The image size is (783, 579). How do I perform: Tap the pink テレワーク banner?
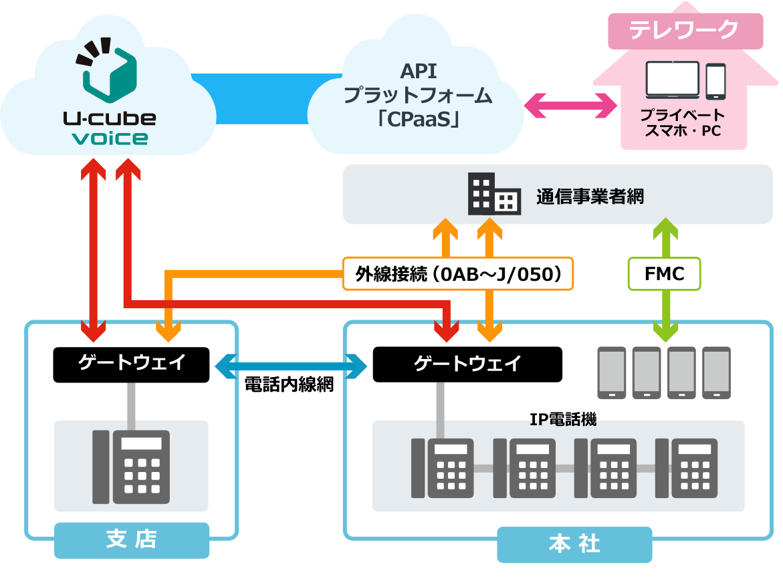tap(685, 31)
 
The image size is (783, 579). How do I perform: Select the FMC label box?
tap(664, 273)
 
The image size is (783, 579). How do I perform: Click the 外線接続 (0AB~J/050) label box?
tap(458, 273)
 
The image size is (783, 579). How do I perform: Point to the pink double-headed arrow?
tap(570, 106)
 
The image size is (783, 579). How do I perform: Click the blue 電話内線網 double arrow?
tap(291, 366)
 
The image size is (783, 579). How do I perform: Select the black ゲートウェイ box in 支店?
tap(131, 364)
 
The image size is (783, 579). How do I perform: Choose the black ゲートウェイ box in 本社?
tap(467, 364)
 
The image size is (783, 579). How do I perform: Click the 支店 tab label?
tap(132, 540)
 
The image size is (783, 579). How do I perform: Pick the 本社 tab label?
tap(574, 544)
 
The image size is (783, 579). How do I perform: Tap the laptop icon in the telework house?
tap(672, 80)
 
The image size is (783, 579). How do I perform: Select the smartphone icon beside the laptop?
tap(715, 82)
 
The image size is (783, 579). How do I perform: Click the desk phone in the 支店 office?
tap(131, 467)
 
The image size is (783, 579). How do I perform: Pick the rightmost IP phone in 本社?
tap(686, 468)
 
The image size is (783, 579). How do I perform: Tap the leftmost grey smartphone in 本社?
tap(612, 373)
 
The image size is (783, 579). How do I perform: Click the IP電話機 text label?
tap(563, 419)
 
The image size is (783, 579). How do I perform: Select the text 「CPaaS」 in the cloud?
tap(419, 119)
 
